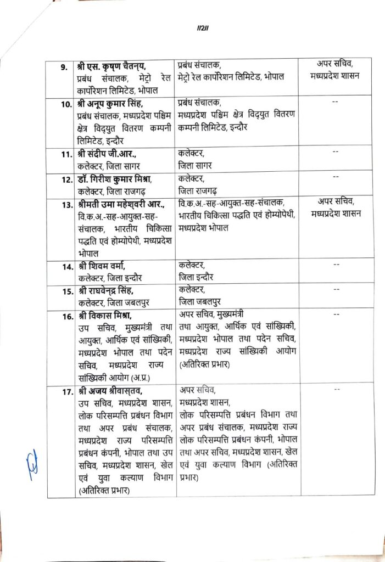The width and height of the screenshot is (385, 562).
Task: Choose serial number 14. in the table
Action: tap(68, 267)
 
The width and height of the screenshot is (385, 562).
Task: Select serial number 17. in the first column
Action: tap(68, 391)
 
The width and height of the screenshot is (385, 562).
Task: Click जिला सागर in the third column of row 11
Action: tap(196, 165)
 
